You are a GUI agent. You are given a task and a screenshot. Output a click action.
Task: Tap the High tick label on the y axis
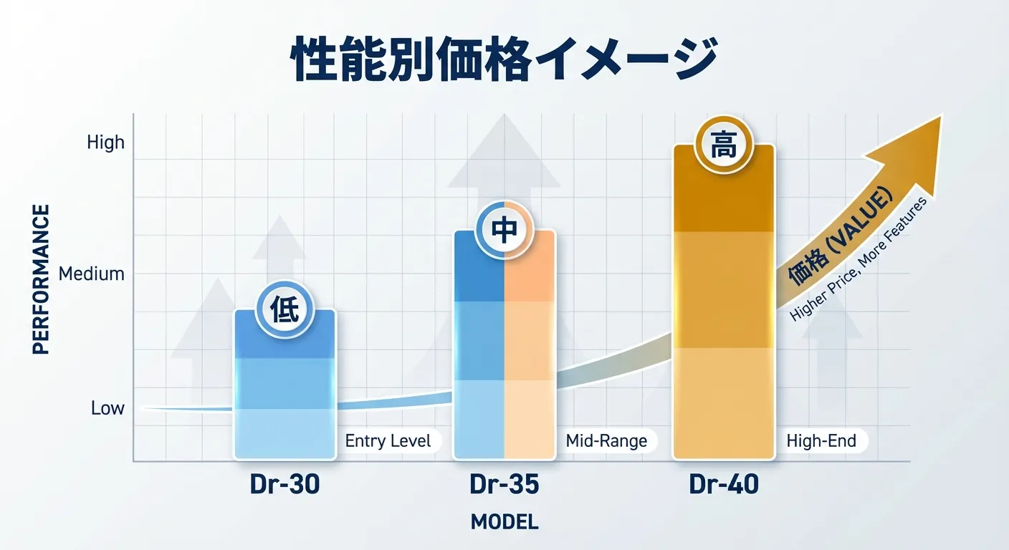coord(105,143)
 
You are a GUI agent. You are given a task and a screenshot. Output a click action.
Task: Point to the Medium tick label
coord(91,274)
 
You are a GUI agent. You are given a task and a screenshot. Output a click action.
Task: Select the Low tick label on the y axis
coord(107,408)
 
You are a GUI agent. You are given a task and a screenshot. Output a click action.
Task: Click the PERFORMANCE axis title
coord(42,279)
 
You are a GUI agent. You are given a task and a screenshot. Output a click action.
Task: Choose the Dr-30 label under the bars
coord(284,485)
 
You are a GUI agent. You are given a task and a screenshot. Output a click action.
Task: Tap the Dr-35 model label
coord(504,485)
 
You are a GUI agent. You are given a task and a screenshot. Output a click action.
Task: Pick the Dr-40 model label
coord(723,485)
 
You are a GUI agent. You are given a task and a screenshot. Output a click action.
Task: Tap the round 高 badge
coord(723,146)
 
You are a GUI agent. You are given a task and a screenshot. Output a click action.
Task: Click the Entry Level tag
coord(388,440)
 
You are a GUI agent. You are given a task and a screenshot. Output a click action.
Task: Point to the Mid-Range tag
coord(606,440)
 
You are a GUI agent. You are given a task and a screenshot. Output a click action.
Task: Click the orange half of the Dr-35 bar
coord(530,344)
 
